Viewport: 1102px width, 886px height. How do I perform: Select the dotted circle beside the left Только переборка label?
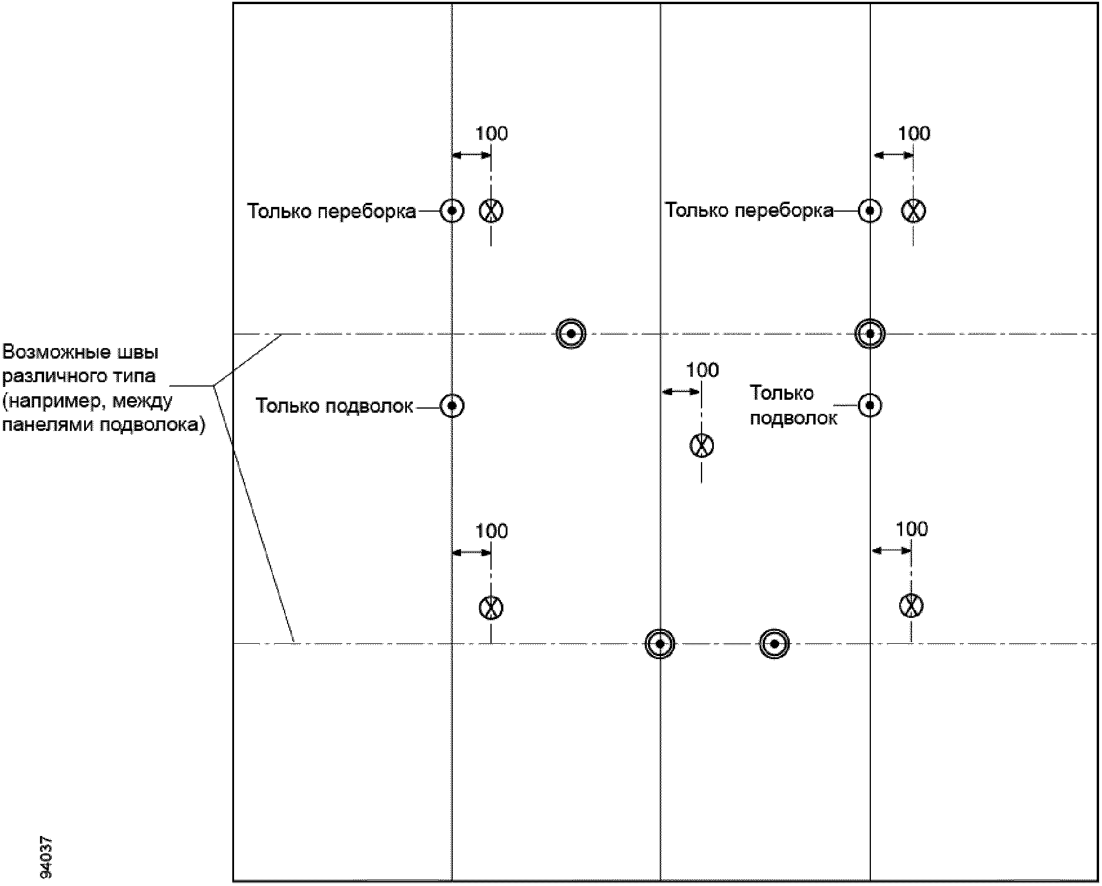click(452, 210)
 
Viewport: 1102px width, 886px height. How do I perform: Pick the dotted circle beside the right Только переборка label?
click(870, 210)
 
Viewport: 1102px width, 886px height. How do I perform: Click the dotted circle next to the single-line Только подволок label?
click(452, 406)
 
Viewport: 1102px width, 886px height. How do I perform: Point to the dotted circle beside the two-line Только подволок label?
click(870, 405)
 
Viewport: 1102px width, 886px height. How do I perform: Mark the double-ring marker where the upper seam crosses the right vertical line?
click(870, 334)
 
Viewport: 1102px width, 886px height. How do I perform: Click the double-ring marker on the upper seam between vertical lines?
click(571, 334)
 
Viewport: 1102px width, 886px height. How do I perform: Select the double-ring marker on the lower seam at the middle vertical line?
click(660, 644)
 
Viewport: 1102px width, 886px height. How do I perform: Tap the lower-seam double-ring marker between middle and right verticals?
click(774, 644)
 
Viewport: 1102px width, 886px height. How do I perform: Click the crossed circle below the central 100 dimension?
click(702, 445)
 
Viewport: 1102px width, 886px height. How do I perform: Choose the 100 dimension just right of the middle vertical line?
click(702, 370)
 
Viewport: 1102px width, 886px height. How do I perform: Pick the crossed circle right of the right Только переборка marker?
click(913, 210)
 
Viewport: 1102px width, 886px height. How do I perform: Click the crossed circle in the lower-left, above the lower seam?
click(491, 607)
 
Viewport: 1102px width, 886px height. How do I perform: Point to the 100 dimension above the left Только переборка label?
click(492, 134)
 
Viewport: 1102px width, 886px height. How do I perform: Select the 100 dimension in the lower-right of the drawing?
click(911, 530)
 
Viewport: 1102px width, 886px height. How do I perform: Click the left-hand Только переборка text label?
click(332, 211)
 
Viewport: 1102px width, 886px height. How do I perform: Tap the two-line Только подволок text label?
click(793, 405)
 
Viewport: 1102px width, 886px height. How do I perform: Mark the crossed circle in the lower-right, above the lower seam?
click(911, 606)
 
